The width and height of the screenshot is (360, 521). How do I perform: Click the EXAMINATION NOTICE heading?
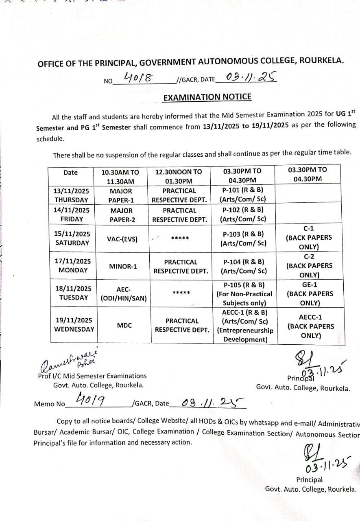click(207, 97)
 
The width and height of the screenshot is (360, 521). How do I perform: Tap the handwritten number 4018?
click(138, 77)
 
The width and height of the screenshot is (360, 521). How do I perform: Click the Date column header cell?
click(70, 173)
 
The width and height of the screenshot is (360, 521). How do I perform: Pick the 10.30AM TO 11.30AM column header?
click(120, 177)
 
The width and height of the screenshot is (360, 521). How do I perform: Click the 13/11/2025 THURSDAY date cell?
click(71, 195)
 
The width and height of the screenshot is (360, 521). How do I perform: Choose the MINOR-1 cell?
click(123, 267)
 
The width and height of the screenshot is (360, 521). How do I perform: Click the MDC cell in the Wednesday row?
click(124, 325)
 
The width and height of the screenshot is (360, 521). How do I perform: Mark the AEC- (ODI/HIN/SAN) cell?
click(124, 293)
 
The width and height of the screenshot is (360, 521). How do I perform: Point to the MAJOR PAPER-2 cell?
click(121, 215)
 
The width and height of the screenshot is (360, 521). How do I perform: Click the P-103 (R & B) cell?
click(243, 239)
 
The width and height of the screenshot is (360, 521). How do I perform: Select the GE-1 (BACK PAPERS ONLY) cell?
click(310, 294)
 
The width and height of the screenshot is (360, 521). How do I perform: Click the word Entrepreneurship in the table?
click(245, 331)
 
